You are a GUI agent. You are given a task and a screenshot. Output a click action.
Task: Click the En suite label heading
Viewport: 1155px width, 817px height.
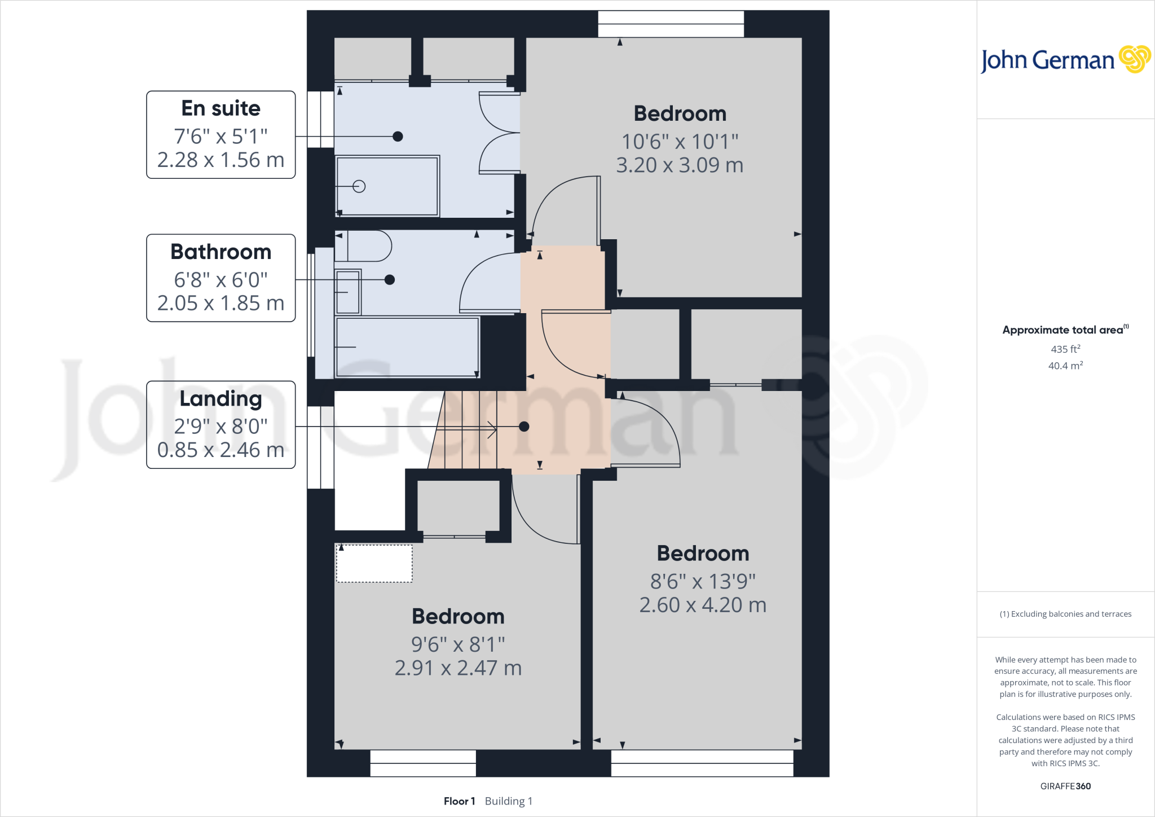221,108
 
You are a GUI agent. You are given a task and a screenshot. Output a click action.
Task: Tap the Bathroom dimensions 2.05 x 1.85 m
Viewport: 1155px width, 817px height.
221,304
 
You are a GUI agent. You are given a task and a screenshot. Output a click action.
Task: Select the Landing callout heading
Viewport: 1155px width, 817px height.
221,399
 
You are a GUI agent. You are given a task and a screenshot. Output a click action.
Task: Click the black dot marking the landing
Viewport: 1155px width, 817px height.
524,427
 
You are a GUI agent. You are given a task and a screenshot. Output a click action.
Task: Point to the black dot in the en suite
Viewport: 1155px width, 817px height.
398,137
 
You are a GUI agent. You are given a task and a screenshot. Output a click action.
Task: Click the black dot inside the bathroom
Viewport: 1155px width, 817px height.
390,280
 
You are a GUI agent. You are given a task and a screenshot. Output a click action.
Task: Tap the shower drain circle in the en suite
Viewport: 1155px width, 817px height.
359,186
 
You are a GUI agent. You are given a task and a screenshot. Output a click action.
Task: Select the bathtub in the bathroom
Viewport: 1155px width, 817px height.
407,347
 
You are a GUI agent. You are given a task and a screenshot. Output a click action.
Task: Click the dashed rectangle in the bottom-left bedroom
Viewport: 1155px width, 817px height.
374,563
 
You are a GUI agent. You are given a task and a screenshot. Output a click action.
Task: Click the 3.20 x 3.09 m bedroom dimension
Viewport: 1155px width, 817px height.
680,165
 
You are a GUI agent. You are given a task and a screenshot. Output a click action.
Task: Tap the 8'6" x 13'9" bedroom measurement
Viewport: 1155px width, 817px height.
703,581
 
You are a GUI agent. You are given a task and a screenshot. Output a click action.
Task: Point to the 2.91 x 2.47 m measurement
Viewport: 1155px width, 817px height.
458,668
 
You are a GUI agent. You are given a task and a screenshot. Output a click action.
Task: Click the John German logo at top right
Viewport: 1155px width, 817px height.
1065,60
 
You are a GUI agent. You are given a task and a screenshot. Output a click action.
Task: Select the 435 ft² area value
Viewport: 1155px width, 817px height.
1065,349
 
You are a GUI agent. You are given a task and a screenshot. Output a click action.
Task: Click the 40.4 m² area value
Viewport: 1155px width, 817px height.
1065,366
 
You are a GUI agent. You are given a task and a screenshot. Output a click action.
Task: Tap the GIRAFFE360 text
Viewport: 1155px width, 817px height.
1065,786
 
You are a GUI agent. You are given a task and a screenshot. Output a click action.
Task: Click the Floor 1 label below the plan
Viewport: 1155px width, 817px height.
459,801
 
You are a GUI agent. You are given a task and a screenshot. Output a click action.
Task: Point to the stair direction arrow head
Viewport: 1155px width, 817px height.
493,430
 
